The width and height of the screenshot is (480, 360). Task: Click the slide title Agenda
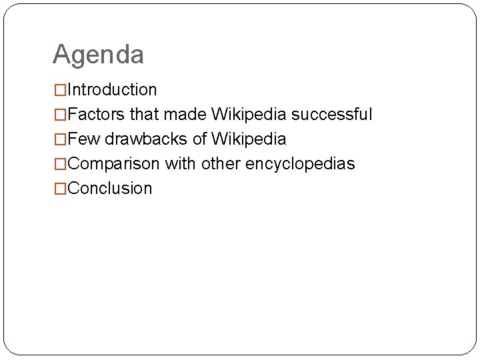(98, 55)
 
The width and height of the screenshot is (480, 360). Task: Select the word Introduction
(112, 90)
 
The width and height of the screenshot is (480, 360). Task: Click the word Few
(83, 139)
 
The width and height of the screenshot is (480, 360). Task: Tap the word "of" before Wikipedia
(199, 139)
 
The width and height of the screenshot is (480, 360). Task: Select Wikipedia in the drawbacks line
(249, 139)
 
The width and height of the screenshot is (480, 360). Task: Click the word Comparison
(114, 164)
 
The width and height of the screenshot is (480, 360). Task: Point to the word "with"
(179, 164)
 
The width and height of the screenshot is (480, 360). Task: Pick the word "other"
(220, 164)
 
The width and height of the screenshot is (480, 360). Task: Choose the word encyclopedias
(300, 164)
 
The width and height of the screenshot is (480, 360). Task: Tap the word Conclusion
(110, 189)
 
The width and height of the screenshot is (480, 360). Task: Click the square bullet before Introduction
(60, 90)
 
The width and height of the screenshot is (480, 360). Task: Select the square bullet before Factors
(60, 115)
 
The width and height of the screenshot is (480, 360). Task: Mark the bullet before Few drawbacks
(60, 139)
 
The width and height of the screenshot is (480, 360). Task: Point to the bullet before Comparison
(60, 164)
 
